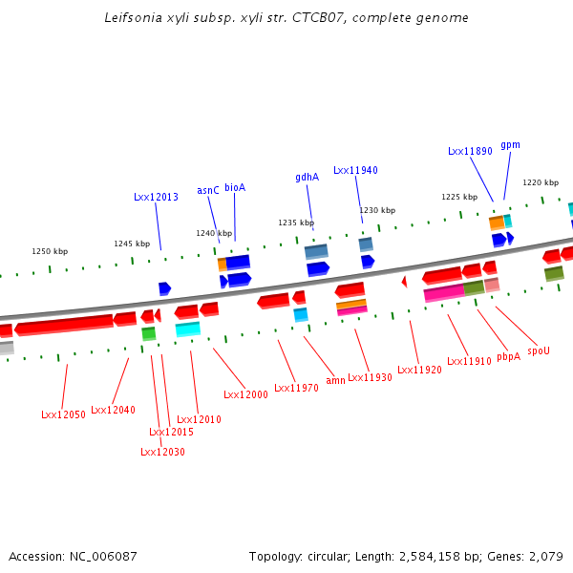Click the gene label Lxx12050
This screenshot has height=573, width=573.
click(63, 414)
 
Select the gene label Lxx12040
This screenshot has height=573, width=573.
click(113, 410)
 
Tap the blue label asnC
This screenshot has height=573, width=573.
click(208, 190)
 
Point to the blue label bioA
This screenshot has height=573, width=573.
click(235, 188)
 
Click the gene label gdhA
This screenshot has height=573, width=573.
click(307, 177)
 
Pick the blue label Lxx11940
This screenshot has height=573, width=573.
click(355, 170)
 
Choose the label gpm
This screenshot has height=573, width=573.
click(510, 145)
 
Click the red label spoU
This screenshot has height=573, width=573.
click(539, 350)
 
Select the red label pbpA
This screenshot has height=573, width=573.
click(509, 356)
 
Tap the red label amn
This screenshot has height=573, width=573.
click(336, 380)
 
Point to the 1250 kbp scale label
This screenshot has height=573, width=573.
click(50, 251)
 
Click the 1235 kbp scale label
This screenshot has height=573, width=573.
click(296, 223)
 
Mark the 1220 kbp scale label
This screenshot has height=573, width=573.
click(540, 182)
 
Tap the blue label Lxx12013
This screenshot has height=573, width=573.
click(156, 197)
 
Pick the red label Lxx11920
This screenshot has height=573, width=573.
click(419, 370)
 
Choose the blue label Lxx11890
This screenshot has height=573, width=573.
click(470, 151)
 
